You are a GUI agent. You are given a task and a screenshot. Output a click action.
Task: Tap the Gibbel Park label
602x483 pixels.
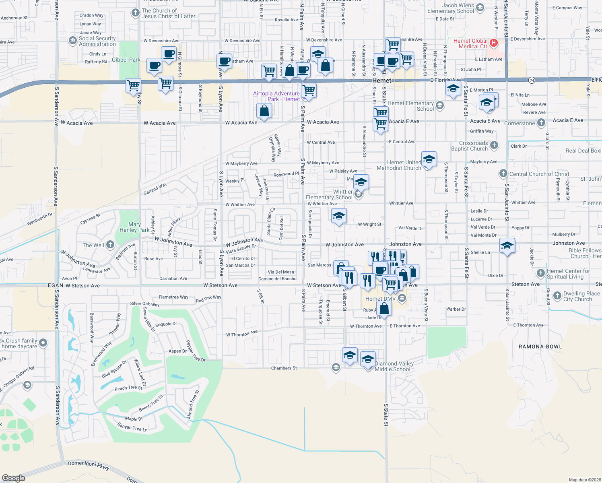coord(126,60)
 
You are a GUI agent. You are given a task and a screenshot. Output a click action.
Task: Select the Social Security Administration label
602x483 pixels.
coord(97,41)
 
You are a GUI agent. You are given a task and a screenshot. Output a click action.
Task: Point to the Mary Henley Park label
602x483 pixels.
coord(134,227)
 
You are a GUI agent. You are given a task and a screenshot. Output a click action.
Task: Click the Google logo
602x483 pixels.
coord(14,478)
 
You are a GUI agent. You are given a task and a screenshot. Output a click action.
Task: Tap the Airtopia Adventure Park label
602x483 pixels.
coord(276,96)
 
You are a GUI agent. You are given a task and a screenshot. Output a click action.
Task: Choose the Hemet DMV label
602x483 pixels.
coord(380,299)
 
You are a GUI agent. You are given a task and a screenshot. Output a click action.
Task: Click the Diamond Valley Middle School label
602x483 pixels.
coord(394,366)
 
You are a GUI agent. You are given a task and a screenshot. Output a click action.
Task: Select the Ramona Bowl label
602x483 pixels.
coord(540,347)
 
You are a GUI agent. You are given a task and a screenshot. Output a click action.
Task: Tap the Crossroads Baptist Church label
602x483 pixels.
coord(473,146)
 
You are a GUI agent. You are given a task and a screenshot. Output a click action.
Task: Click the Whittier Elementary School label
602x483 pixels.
coord(329,194)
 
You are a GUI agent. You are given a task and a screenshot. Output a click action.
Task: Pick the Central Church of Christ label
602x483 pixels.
coord(539,174)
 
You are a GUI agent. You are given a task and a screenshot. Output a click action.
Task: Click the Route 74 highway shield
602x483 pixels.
coord(532,80)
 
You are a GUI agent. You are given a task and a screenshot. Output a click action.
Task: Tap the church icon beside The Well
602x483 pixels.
coord(110,245)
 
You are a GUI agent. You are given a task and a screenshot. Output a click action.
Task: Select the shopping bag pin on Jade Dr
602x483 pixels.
coord(384,309)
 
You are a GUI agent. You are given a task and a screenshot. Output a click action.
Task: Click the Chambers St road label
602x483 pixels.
coord(284,368)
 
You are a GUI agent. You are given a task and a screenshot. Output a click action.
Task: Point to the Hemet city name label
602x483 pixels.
coord(381,80)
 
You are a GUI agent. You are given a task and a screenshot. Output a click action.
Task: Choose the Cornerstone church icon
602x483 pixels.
coord(541,123)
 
